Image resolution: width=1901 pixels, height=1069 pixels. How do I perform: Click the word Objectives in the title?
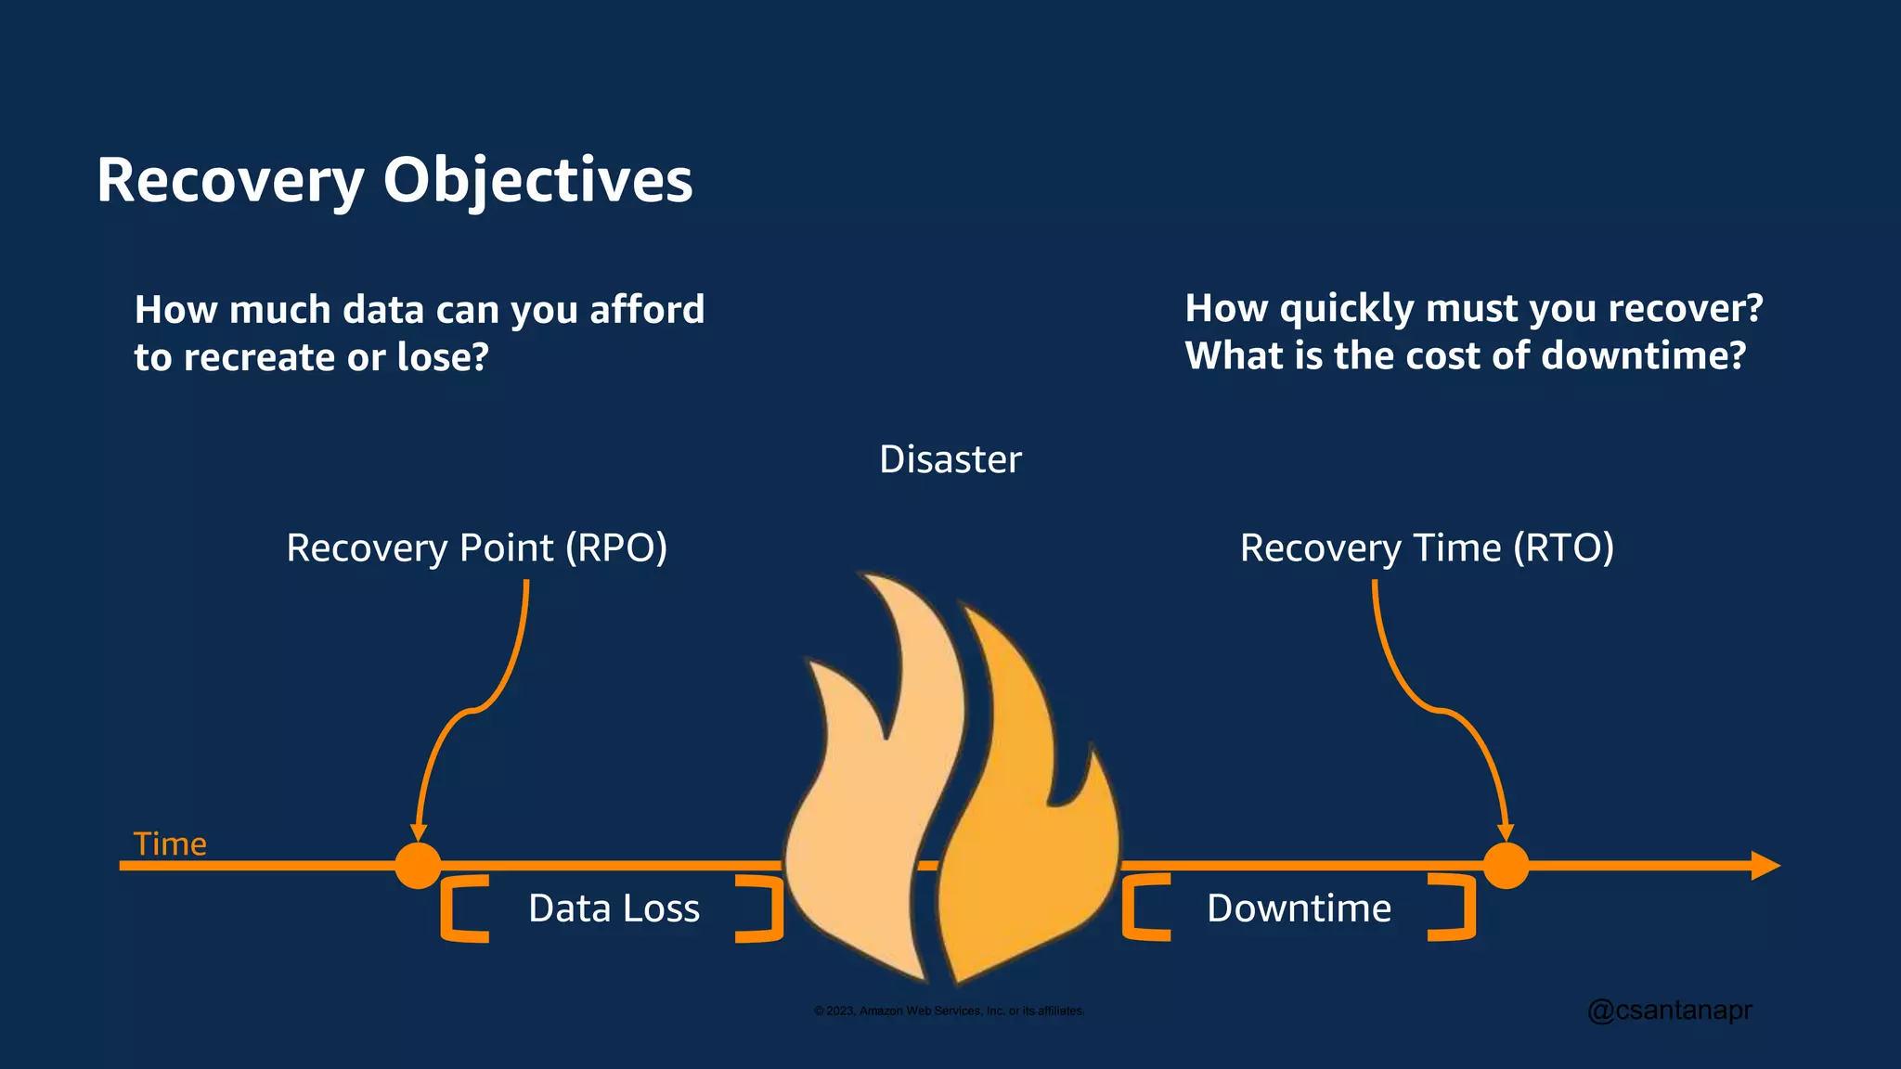[x=537, y=180]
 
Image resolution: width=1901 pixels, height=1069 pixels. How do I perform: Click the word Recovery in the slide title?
[x=230, y=180]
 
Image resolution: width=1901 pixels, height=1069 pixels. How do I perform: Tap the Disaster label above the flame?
[x=950, y=459]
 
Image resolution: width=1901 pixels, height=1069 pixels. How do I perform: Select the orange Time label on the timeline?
[x=170, y=844]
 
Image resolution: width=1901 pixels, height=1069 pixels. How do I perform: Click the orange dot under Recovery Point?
[x=419, y=866]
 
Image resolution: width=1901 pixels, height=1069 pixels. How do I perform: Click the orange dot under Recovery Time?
[x=1506, y=866]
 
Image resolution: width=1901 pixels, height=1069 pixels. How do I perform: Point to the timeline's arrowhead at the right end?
[x=1765, y=866]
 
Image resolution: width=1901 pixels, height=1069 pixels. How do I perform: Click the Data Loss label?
[x=614, y=908]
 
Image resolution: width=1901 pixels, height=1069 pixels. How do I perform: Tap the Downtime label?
[x=1299, y=908]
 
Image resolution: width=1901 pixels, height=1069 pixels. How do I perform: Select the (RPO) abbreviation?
[x=616, y=547]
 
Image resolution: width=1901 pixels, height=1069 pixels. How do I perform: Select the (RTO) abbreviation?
[x=1563, y=547]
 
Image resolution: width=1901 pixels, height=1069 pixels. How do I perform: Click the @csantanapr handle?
[x=1669, y=1010]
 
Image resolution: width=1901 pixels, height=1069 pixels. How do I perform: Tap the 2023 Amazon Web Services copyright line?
[x=949, y=1011]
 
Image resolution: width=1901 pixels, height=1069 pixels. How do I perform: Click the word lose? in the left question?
[x=443, y=357]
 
